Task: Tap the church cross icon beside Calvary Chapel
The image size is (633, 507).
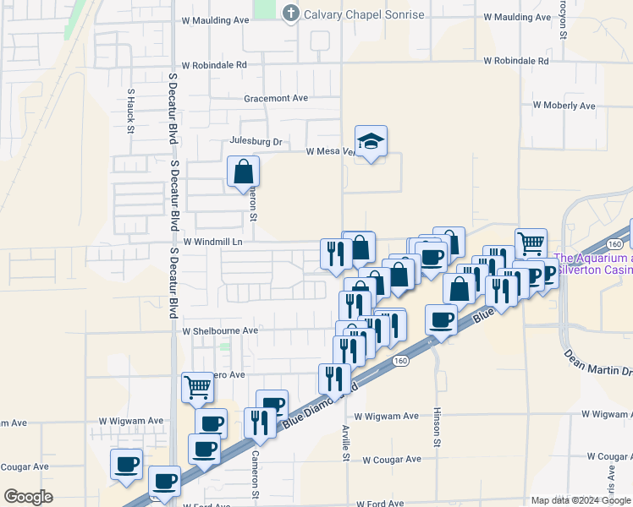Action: click(291, 13)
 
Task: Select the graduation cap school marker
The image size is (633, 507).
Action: click(370, 142)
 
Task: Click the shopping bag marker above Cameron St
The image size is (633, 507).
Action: click(244, 172)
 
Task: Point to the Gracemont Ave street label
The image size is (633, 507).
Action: click(276, 98)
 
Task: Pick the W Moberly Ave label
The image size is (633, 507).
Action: click(564, 106)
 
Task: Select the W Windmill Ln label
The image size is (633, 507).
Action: click(213, 242)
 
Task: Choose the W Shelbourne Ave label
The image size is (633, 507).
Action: click(220, 330)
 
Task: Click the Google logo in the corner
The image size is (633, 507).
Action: click(28, 497)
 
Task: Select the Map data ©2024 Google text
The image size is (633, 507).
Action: click(580, 499)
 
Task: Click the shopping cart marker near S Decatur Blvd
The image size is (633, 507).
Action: click(197, 388)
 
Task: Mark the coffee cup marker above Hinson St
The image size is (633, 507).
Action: click(441, 319)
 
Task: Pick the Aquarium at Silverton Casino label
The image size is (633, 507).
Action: click(592, 264)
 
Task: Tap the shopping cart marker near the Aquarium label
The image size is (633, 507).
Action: click(531, 243)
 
